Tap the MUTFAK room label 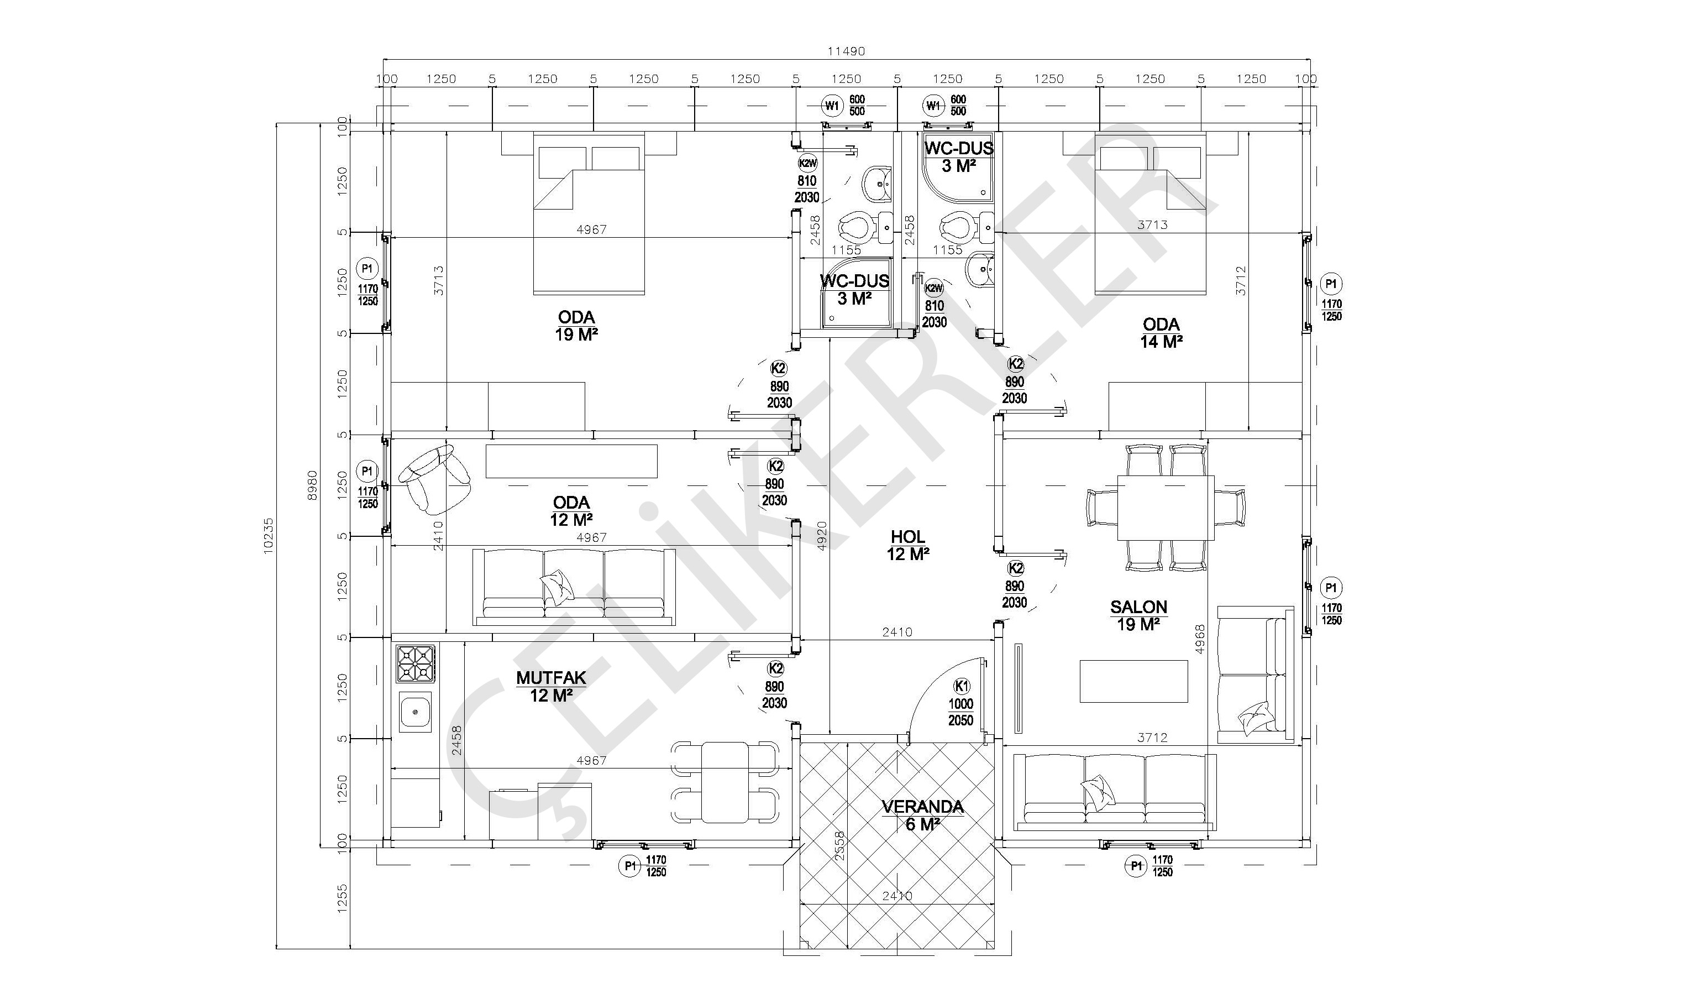point(551,678)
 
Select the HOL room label point(908,537)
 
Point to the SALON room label point(1138,607)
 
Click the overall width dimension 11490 point(846,51)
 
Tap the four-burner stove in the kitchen point(416,663)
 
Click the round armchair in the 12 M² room point(434,477)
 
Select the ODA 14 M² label point(1161,333)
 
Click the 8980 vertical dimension point(312,485)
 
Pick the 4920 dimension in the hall point(821,535)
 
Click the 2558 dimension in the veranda point(839,846)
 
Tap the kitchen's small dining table point(725,782)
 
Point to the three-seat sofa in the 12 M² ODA point(574,587)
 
